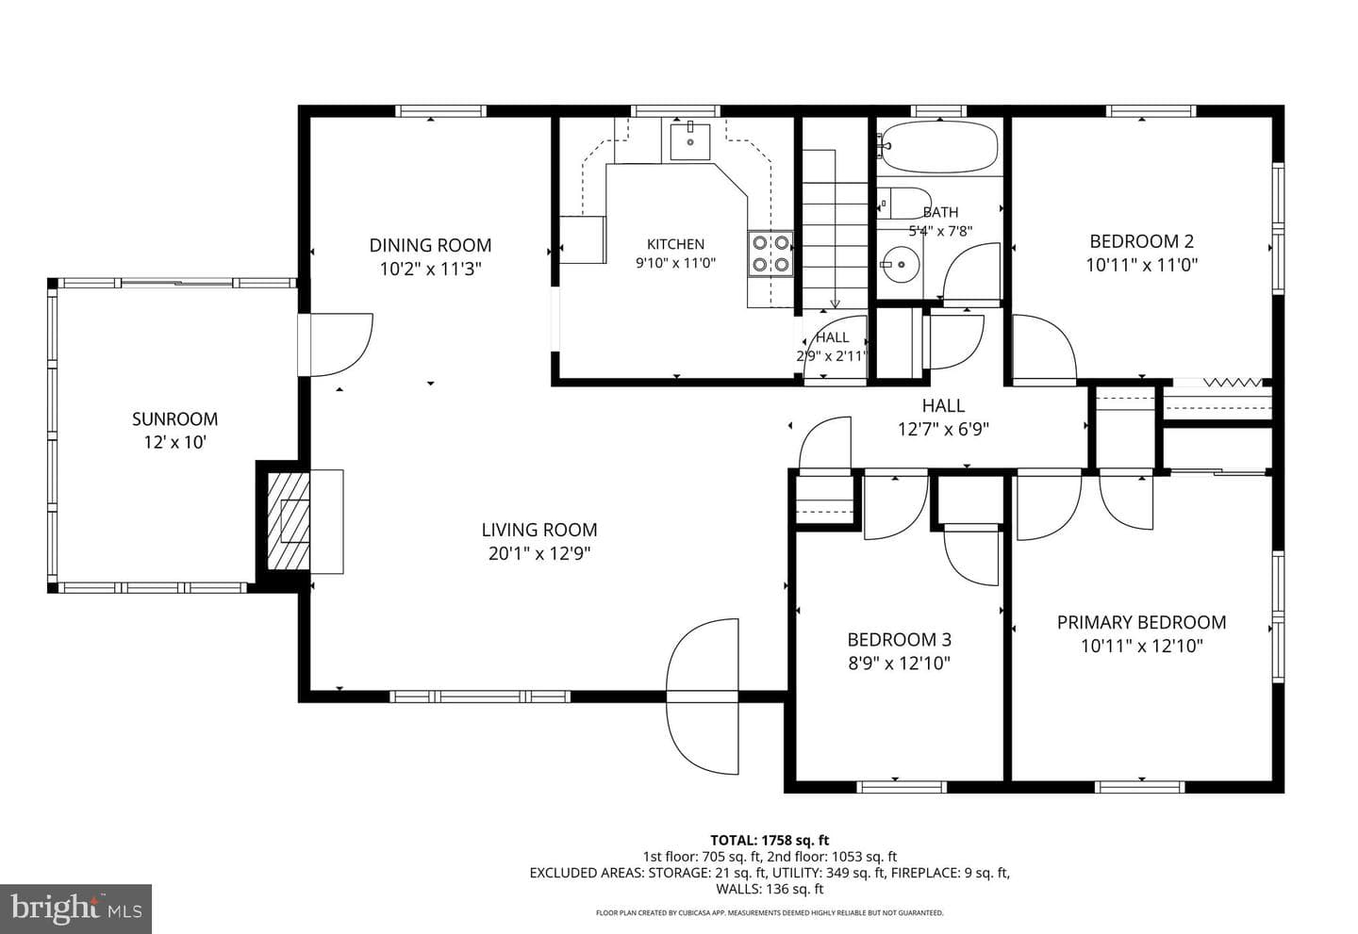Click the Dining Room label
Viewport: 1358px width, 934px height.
click(x=430, y=245)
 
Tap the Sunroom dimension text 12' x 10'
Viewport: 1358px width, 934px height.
click(x=175, y=442)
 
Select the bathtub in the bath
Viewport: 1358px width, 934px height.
click(x=937, y=147)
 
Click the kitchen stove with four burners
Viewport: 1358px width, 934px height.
click(x=770, y=254)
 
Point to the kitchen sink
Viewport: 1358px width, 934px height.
click(x=690, y=141)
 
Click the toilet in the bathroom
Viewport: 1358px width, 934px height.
click(x=903, y=203)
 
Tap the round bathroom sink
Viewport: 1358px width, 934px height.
click(x=901, y=265)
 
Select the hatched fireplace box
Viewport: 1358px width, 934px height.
click(x=289, y=521)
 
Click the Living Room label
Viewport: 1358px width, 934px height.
click(x=539, y=530)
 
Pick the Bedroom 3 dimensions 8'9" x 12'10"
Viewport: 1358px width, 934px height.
click(x=899, y=664)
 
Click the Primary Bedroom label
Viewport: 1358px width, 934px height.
click(x=1141, y=623)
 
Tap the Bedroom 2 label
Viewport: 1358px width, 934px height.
click(x=1141, y=241)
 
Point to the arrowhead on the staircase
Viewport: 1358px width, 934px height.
click(x=835, y=304)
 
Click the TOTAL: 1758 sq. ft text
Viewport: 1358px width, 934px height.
click(x=770, y=840)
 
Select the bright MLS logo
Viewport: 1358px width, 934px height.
click(x=75, y=909)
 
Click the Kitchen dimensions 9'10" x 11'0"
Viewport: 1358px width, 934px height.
click(x=676, y=263)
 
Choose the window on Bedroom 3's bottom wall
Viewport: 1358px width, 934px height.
click(x=902, y=787)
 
